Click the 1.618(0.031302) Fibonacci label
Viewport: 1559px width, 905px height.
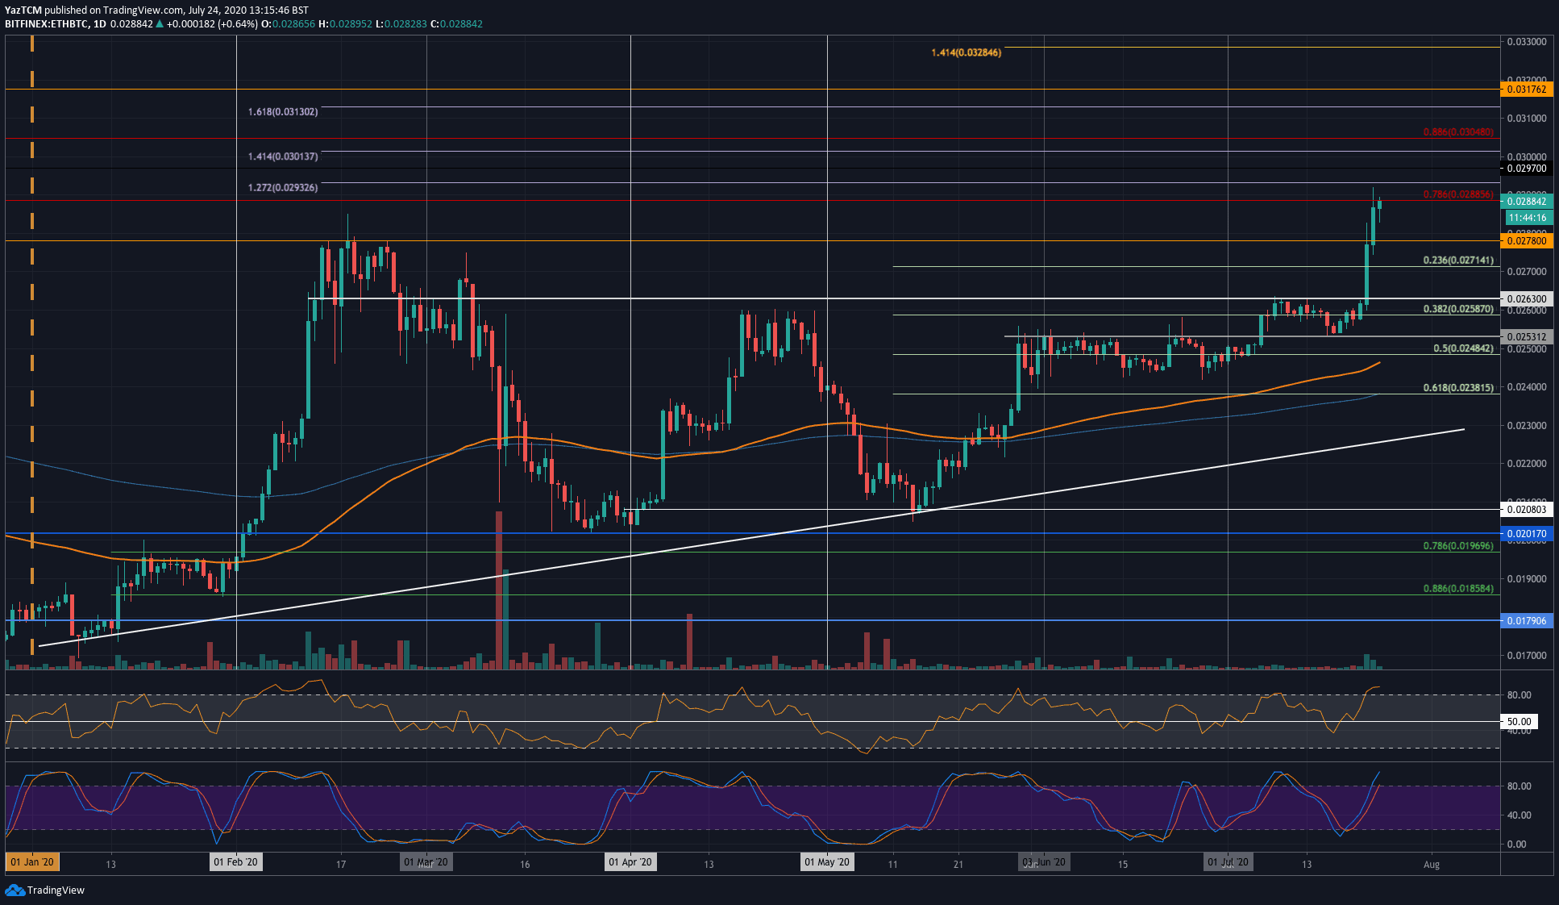tap(282, 111)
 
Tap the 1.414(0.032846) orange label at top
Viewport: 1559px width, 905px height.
tap(966, 52)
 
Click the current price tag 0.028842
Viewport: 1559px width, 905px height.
tap(1526, 202)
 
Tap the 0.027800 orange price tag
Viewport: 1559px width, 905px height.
tap(1526, 241)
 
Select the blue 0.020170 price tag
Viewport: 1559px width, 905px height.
tap(1526, 534)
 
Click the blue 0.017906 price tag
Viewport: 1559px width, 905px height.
tap(1526, 621)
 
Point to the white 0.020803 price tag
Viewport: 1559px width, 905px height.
tap(1526, 509)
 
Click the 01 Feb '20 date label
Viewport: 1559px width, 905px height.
tap(235, 862)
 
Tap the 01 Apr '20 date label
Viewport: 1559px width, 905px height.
tap(630, 862)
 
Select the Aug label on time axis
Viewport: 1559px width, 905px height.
tap(1431, 864)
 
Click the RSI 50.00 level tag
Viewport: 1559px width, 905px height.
tap(1519, 722)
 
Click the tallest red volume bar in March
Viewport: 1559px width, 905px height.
tap(499, 589)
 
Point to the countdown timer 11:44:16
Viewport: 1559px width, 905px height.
tap(1527, 218)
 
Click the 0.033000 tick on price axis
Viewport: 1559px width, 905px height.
tap(1526, 42)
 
